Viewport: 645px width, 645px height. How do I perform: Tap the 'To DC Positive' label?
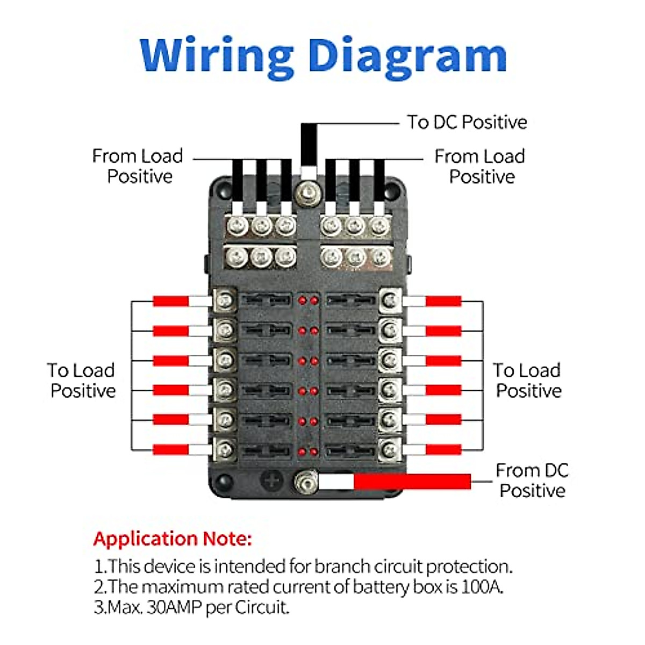click(x=467, y=122)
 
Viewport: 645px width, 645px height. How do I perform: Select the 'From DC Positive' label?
click(x=532, y=480)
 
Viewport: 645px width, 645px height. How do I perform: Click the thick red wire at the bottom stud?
click(x=411, y=482)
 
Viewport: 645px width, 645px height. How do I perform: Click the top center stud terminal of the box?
click(x=308, y=190)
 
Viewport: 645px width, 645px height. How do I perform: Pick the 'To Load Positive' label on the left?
click(x=82, y=380)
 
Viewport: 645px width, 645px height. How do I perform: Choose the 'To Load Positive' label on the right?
click(x=528, y=380)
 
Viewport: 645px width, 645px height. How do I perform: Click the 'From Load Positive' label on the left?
click(x=138, y=166)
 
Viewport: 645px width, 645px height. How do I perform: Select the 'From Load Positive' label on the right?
click(x=480, y=166)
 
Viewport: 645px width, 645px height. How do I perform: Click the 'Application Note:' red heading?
click(x=173, y=539)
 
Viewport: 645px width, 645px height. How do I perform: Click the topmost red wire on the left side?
click(x=170, y=301)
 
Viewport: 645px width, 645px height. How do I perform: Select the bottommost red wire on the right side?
click(x=443, y=449)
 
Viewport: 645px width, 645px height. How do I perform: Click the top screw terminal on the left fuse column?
click(x=226, y=300)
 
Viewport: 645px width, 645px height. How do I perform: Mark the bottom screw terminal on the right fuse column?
click(x=390, y=449)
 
